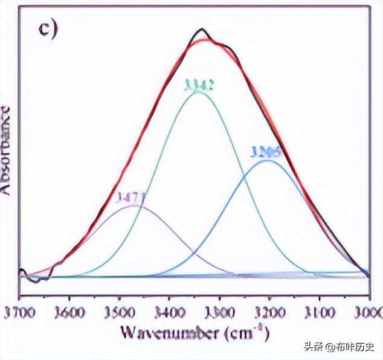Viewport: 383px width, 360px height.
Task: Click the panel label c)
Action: click(47, 28)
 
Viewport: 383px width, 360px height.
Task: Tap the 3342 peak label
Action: click(198, 86)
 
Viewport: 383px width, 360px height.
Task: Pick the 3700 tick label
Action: click(17, 313)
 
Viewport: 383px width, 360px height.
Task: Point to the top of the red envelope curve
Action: click(206, 40)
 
